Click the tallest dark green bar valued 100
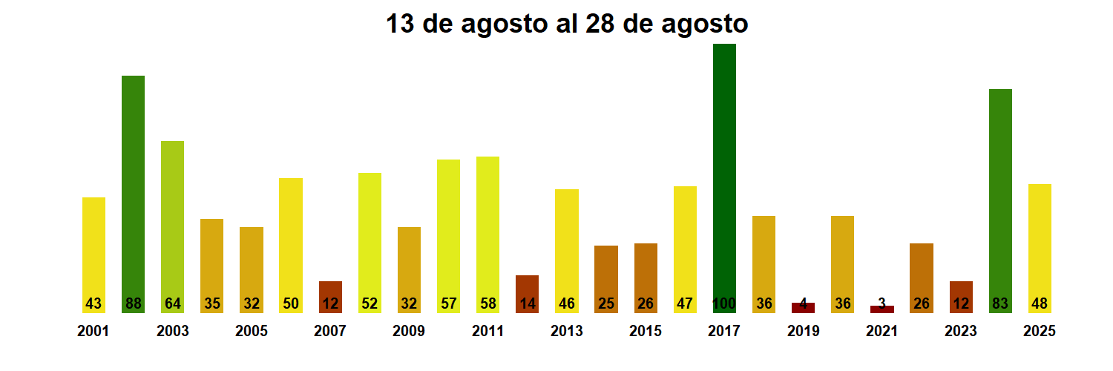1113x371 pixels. [x=724, y=178]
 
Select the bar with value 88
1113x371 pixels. [x=133, y=193]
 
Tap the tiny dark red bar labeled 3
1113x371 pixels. [x=881, y=309]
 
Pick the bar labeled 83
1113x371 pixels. [x=1000, y=200]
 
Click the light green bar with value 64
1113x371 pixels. [x=172, y=226]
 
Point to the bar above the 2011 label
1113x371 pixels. [x=487, y=234]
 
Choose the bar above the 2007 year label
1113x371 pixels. [x=330, y=297]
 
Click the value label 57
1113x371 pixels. [x=448, y=303]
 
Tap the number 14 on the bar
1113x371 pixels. [x=527, y=303]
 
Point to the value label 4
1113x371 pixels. [x=803, y=303]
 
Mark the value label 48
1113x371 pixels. [x=1040, y=303]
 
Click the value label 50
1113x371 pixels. [x=291, y=303]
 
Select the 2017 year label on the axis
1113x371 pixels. [x=724, y=332]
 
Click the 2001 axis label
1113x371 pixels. [x=93, y=332]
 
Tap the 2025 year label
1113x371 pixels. [x=1040, y=332]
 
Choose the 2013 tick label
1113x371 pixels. [x=566, y=332]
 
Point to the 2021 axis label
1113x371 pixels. [x=881, y=332]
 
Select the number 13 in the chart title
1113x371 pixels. [x=400, y=24]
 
